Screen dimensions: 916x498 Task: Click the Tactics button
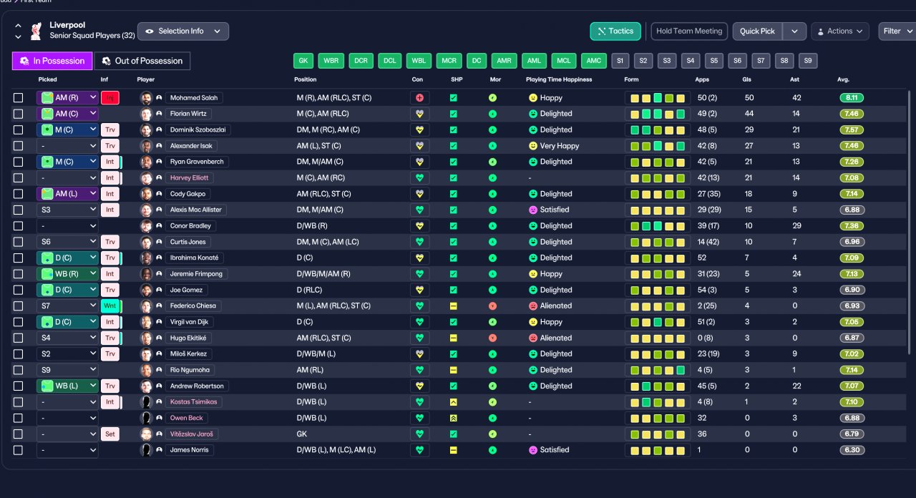coord(615,31)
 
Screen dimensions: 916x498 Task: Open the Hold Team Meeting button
coord(689,31)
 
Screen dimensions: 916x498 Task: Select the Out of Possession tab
coord(142,61)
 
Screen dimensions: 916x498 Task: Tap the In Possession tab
coord(52,61)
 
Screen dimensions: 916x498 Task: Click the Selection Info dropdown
coord(183,31)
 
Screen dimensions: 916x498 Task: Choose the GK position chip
coord(303,61)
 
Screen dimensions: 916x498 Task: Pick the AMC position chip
coord(593,61)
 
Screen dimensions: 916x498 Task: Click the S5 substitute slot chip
coord(714,61)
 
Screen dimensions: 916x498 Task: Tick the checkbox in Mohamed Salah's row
coord(18,98)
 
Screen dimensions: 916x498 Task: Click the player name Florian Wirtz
coord(188,114)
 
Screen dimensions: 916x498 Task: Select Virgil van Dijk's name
coord(190,322)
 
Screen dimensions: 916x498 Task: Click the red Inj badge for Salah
coord(110,98)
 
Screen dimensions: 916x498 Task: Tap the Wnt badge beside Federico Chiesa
coord(110,306)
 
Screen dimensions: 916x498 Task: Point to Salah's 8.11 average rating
coord(852,98)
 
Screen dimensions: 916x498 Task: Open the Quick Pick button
coord(757,31)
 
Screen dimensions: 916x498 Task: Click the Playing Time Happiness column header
coord(559,79)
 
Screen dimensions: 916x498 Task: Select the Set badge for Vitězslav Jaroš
coord(110,434)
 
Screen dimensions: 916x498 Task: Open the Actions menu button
coord(840,31)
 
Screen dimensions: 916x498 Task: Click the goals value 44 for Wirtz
coord(749,114)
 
